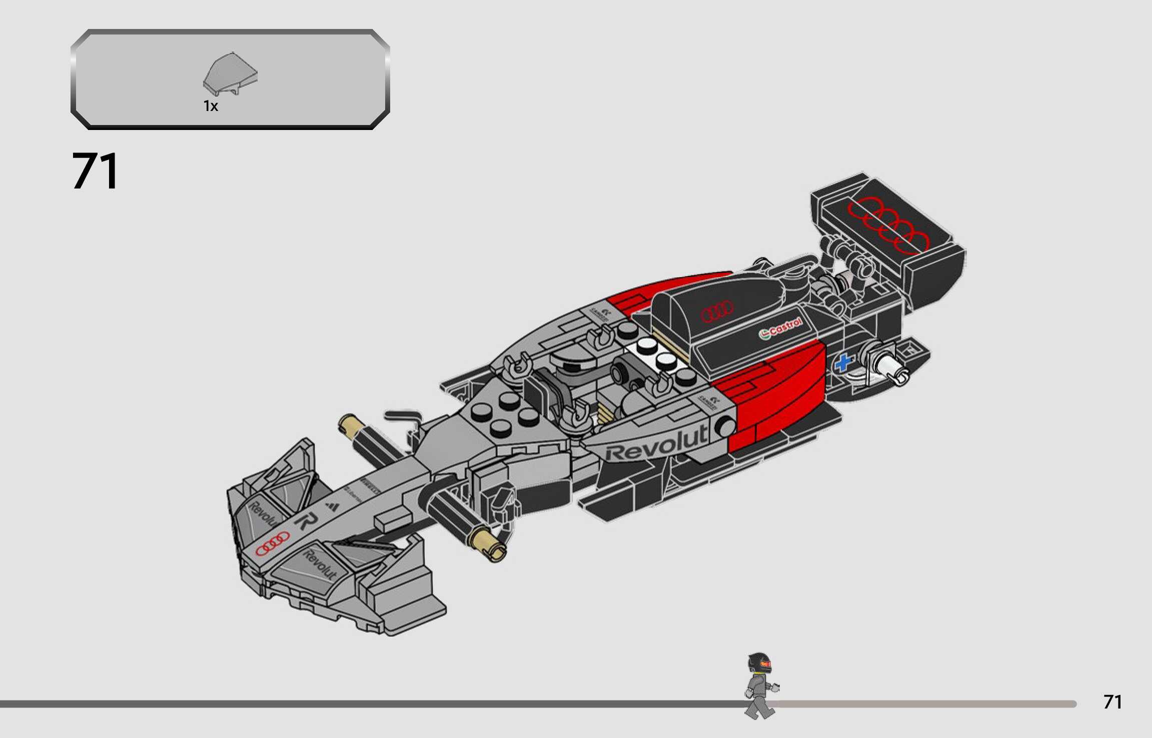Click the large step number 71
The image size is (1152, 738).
tap(95, 171)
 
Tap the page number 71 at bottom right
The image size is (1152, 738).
tap(1112, 702)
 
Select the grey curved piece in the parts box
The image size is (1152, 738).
tap(230, 73)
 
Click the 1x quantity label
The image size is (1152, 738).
tap(211, 106)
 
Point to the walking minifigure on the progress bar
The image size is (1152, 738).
tap(760, 685)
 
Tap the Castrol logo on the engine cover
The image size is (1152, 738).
tap(781, 328)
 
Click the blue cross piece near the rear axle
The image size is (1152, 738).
tap(843, 362)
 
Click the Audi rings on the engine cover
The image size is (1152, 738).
tap(717, 312)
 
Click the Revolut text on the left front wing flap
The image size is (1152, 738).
tap(263, 514)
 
